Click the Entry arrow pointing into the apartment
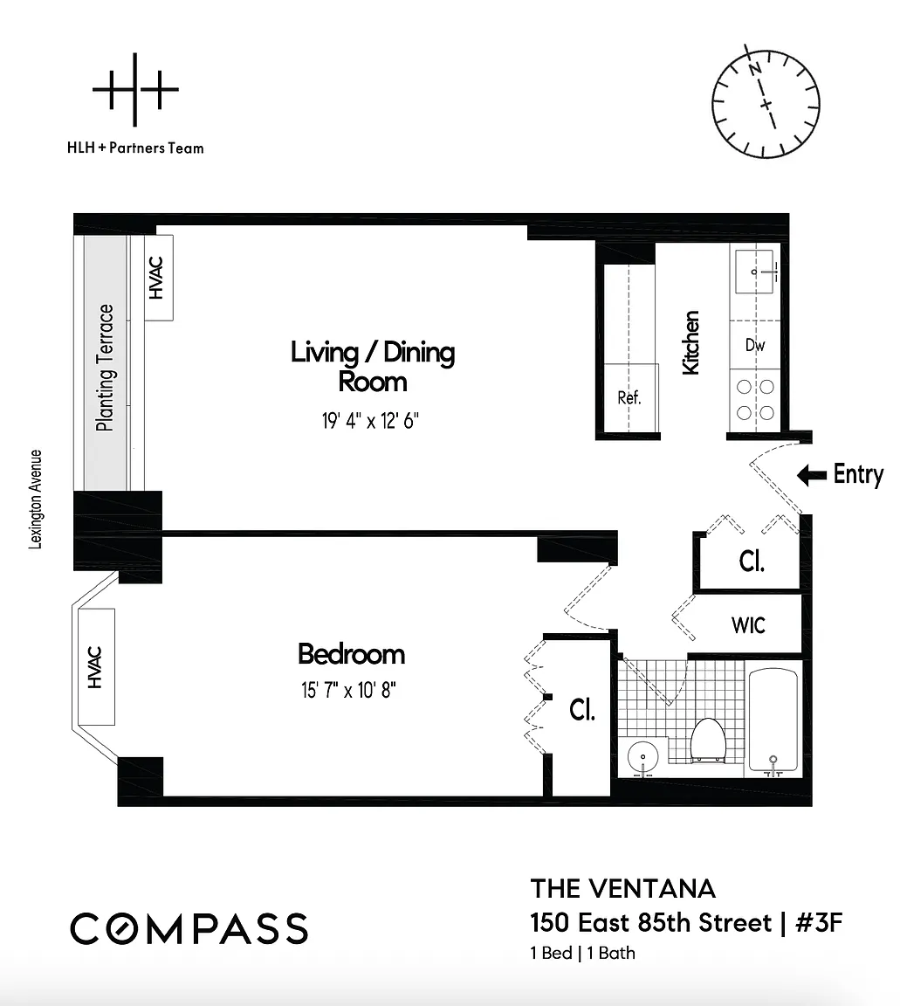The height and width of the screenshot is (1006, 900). [812, 475]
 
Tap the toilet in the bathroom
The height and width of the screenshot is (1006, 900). [708, 740]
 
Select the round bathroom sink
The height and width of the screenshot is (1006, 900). [642, 758]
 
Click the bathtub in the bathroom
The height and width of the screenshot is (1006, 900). [773, 720]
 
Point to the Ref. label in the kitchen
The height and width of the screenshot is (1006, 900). [629, 398]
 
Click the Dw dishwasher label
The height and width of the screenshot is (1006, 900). [755, 345]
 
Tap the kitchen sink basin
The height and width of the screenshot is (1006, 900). [754, 272]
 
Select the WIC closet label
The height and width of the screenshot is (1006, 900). [749, 625]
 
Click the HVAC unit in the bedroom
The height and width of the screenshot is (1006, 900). [96, 666]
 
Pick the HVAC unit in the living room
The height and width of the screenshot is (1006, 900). [158, 278]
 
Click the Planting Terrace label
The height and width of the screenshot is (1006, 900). [106, 368]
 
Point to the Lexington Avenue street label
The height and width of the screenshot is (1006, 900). [36, 500]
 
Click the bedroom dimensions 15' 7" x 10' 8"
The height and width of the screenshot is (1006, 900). [349, 691]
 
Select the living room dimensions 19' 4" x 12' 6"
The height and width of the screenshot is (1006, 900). [370, 421]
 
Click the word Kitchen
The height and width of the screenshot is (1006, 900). [690, 342]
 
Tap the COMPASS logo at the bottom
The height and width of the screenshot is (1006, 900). [189, 928]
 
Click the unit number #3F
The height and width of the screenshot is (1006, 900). [819, 922]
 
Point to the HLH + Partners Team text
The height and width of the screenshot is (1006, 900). [135, 148]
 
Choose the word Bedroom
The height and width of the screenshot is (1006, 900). [352, 654]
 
